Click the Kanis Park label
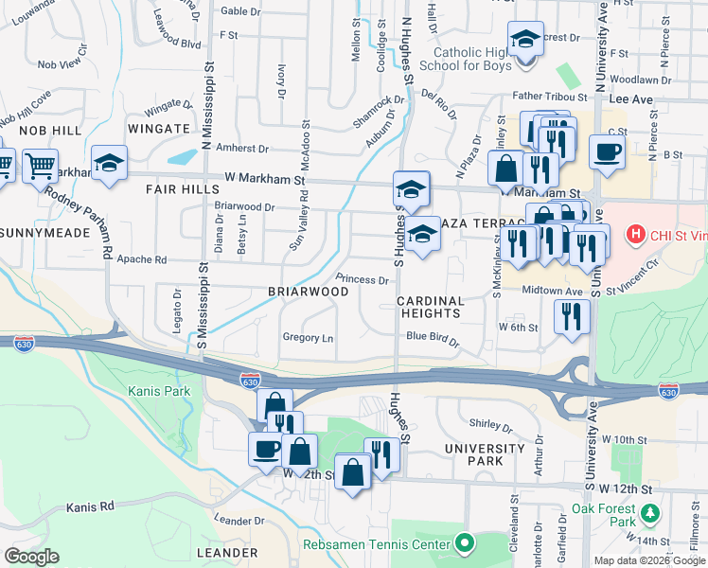(159, 390)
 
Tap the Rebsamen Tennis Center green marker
(464, 544)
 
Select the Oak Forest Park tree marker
(649, 514)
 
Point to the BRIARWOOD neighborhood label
(308, 292)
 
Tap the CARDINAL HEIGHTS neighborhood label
(431, 307)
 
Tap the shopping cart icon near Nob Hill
(40, 168)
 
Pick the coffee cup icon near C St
(607, 151)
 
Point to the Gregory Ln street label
(308, 338)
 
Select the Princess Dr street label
(363, 280)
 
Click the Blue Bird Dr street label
(432, 337)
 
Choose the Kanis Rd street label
(90, 507)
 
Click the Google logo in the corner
(31, 557)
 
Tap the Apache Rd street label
(141, 259)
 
